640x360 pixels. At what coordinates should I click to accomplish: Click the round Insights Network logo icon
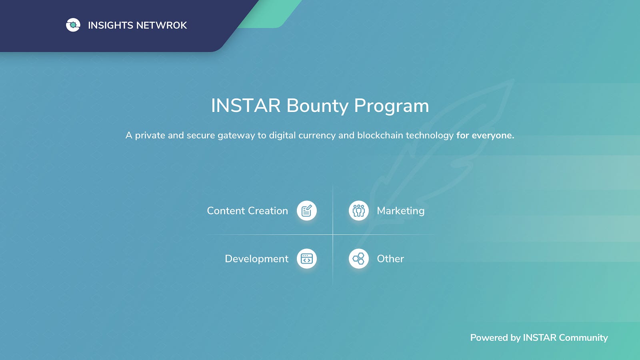(x=73, y=25)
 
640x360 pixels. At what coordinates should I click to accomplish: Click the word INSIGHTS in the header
(x=110, y=26)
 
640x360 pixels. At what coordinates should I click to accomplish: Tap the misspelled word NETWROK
(x=162, y=26)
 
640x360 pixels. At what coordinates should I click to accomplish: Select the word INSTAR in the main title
(x=246, y=106)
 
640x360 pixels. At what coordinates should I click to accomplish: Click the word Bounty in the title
(x=318, y=106)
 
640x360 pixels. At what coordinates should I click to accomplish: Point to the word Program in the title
(x=392, y=106)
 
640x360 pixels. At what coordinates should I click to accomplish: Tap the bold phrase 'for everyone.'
(x=485, y=136)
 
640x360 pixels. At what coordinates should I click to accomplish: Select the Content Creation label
(x=248, y=211)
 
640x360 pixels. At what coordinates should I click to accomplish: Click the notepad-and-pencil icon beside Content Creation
(x=307, y=210)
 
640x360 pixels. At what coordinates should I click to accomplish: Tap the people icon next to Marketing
(x=358, y=210)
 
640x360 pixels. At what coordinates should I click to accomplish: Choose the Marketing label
(x=400, y=211)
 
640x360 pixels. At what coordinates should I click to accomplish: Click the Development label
(x=256, y=259)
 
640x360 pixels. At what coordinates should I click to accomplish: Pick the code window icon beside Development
(x=307, y=258)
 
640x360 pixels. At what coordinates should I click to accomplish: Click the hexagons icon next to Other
(x=358, y=258)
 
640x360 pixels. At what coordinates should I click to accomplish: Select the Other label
(x=390, y=259)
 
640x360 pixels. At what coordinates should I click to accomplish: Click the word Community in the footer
(x=583, y=338)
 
